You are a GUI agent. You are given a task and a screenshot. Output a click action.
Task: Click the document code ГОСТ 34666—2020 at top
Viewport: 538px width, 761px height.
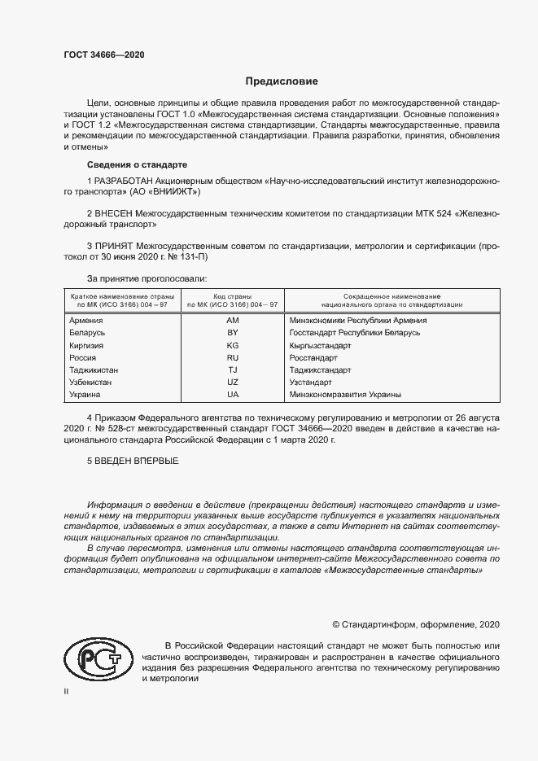click(x=104, y=55)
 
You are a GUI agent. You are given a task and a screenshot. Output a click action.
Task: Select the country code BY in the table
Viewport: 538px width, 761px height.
click(x=232, y=333)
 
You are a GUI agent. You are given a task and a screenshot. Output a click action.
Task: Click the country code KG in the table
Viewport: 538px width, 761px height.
click(x=232, y=345)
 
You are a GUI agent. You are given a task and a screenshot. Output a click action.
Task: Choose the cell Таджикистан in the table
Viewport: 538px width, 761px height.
click(x=94, y=370)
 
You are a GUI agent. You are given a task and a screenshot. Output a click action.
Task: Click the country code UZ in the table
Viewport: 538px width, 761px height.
click(x=232, y=382)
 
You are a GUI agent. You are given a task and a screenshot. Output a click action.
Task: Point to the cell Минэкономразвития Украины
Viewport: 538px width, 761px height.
click(x=345, y=394)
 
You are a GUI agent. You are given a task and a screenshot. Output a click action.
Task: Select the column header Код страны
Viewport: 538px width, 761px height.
click(x=232, y=296)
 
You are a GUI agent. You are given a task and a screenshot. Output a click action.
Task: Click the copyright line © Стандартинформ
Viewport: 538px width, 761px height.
click(x=416, y=624)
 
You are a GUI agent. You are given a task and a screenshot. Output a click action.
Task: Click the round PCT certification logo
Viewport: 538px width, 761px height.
click(x=98, y=658)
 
